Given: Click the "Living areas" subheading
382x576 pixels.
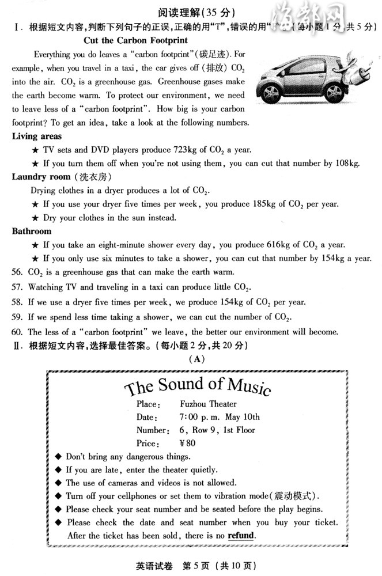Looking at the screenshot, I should pyautogui.click(x=37, y=137).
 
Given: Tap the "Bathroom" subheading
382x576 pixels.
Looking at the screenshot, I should pyautogui.click(x=32, y=231).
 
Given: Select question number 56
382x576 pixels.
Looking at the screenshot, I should pyautogui.click(x=17, y=272).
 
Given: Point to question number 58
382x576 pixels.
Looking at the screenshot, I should pyautogui.click(x=17, y=302).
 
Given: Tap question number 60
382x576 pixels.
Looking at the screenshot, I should pyautogui.click(x=17, y=332).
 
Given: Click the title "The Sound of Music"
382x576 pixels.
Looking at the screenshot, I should pyautogui.click(x=198, y=386).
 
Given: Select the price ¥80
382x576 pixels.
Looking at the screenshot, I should pyautogui.click(x=188, y=444).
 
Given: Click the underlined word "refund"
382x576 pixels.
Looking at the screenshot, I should pyautogui.click(x=240, y=535).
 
